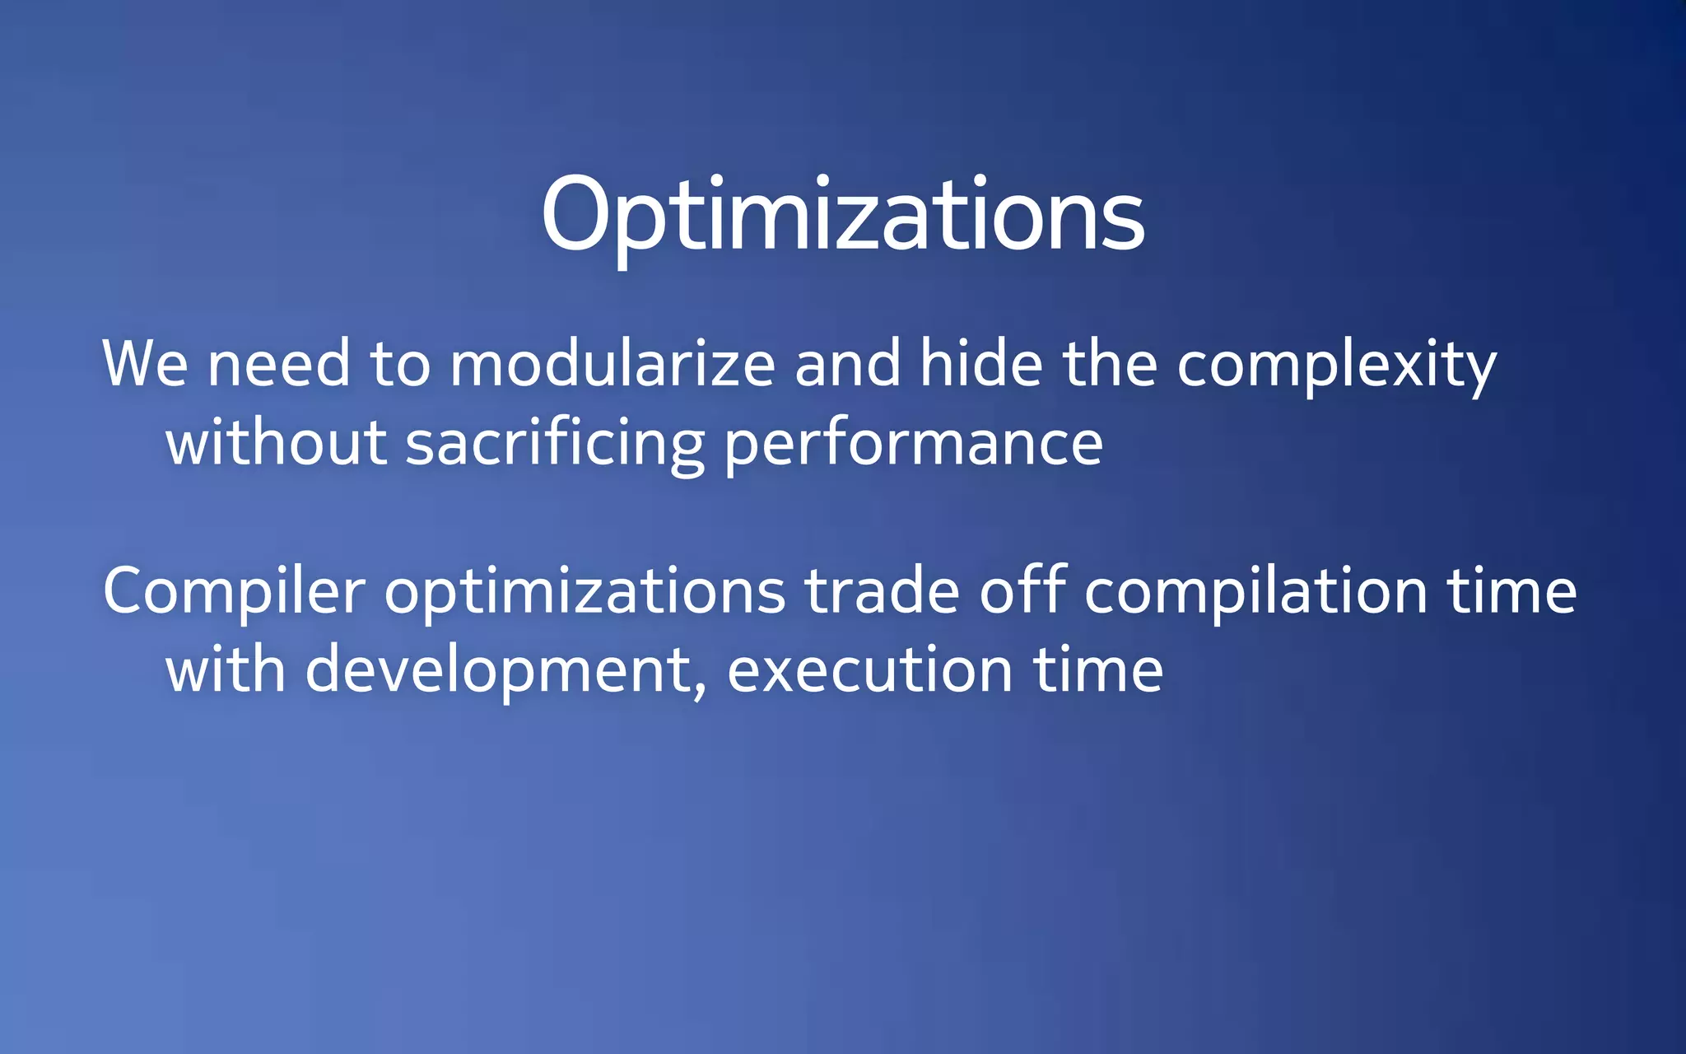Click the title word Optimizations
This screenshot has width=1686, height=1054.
(842, 216)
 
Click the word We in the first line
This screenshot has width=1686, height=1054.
(145, 363)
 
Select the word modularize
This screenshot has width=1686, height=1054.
(612, 363)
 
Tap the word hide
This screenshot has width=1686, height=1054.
(980, 363)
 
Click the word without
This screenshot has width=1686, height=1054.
(276, 442)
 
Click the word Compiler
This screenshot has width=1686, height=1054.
(234, 592)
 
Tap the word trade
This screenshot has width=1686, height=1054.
(882, 590)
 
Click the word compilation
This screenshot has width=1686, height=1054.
(1255, 592)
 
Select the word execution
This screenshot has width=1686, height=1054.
(869, 669)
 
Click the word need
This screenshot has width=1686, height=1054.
(279, 363)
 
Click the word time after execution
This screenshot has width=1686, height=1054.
(1098, 669)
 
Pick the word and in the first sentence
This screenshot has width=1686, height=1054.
(847, 363)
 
